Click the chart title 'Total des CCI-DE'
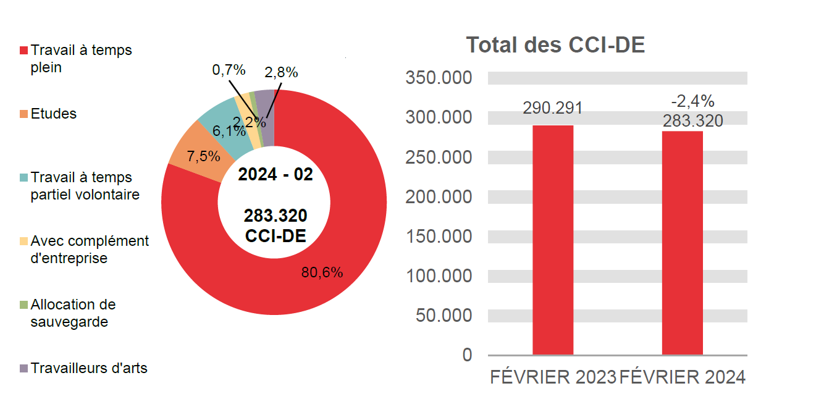pos(555,45)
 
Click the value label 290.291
pos(553,108)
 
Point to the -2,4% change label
pos(692,101)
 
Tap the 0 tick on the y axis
pos(467,355)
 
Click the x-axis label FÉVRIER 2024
pos(682,377)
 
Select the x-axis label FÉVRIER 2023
pos(553,377)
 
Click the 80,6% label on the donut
pos(322,272)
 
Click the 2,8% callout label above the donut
pos(281,72)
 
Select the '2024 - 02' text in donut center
pos(276,175)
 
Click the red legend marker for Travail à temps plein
pos(24,50)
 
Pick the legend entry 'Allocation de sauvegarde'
pos(72,313)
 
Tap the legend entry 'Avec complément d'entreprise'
pos(89,250)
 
